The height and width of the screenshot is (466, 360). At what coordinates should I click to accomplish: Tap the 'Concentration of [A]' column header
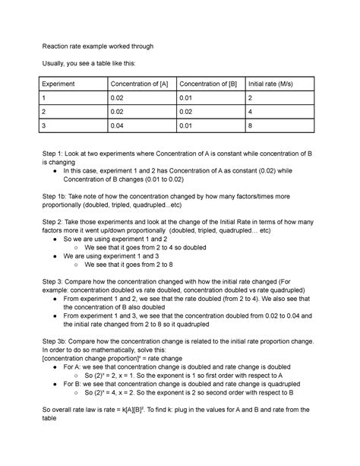tap(141, 83)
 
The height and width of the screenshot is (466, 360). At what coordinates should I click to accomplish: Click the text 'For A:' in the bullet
tap(74, 366)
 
